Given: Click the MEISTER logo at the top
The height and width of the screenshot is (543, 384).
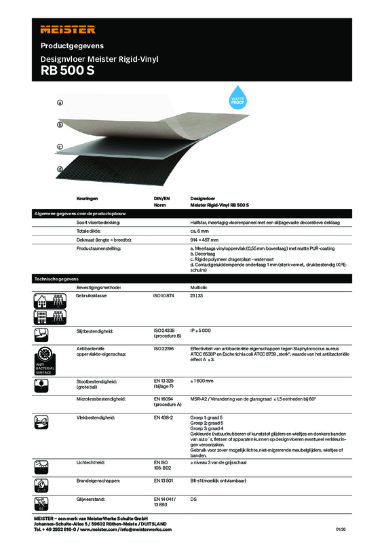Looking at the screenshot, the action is (68, 29).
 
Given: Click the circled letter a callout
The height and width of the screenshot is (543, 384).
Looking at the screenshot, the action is (60, 102).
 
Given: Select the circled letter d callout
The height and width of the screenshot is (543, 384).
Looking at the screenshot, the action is (60, 168).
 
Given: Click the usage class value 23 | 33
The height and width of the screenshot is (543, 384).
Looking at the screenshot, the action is (197, 296).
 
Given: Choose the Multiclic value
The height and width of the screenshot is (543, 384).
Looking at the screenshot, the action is (200, 288).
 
